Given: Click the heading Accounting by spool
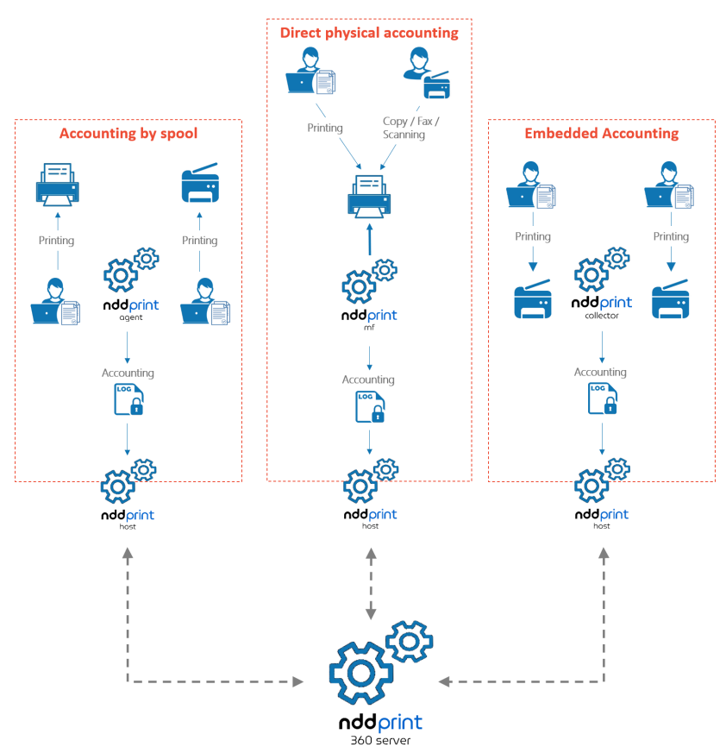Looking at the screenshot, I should coord(128,134).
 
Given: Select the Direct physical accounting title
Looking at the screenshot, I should coord(369,33).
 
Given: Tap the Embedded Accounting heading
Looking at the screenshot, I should coord(602,134).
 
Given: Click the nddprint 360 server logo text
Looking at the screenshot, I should coord(380,723).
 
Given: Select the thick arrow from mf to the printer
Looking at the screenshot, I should coord(369,241).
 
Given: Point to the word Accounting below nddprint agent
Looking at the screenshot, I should coord(128,373).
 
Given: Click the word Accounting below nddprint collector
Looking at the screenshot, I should coord(601,372).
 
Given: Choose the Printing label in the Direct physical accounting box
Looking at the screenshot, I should coord(325,128).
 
